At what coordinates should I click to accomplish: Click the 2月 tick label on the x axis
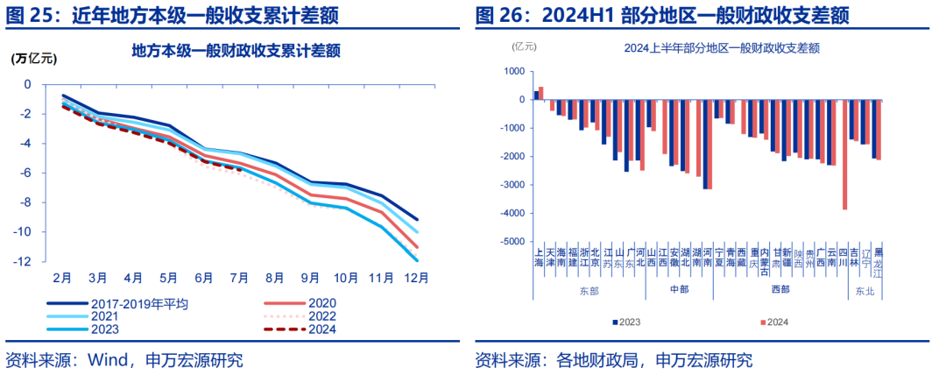61,278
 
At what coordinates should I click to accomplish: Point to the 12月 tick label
416,278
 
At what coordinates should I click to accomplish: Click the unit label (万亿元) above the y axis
33,60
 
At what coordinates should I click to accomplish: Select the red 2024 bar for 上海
541,93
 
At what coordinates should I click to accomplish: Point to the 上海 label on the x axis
539,255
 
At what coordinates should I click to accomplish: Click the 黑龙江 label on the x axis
878,260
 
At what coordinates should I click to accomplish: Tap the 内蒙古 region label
765,260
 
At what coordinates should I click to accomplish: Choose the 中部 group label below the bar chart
680,288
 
